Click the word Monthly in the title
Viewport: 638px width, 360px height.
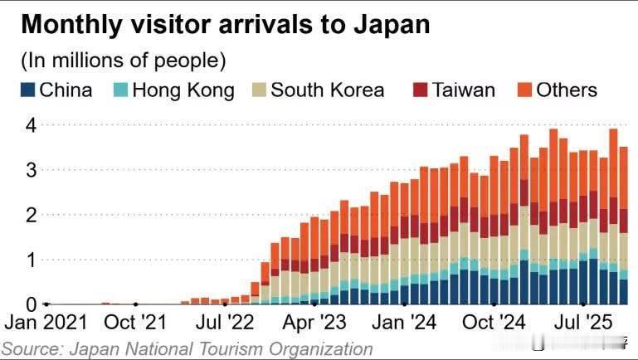(x=67, y=25)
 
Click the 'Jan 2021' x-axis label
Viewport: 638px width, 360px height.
(x=46, y=322)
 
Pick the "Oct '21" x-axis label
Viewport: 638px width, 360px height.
(x=135, y=322)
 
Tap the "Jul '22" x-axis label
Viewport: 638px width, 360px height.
(x=224, y=322)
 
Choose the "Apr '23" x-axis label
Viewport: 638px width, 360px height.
(x=314, y=322)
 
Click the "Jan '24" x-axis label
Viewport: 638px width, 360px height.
(x=403, y=322)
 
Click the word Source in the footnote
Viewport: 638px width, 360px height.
(x=31, y=349)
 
